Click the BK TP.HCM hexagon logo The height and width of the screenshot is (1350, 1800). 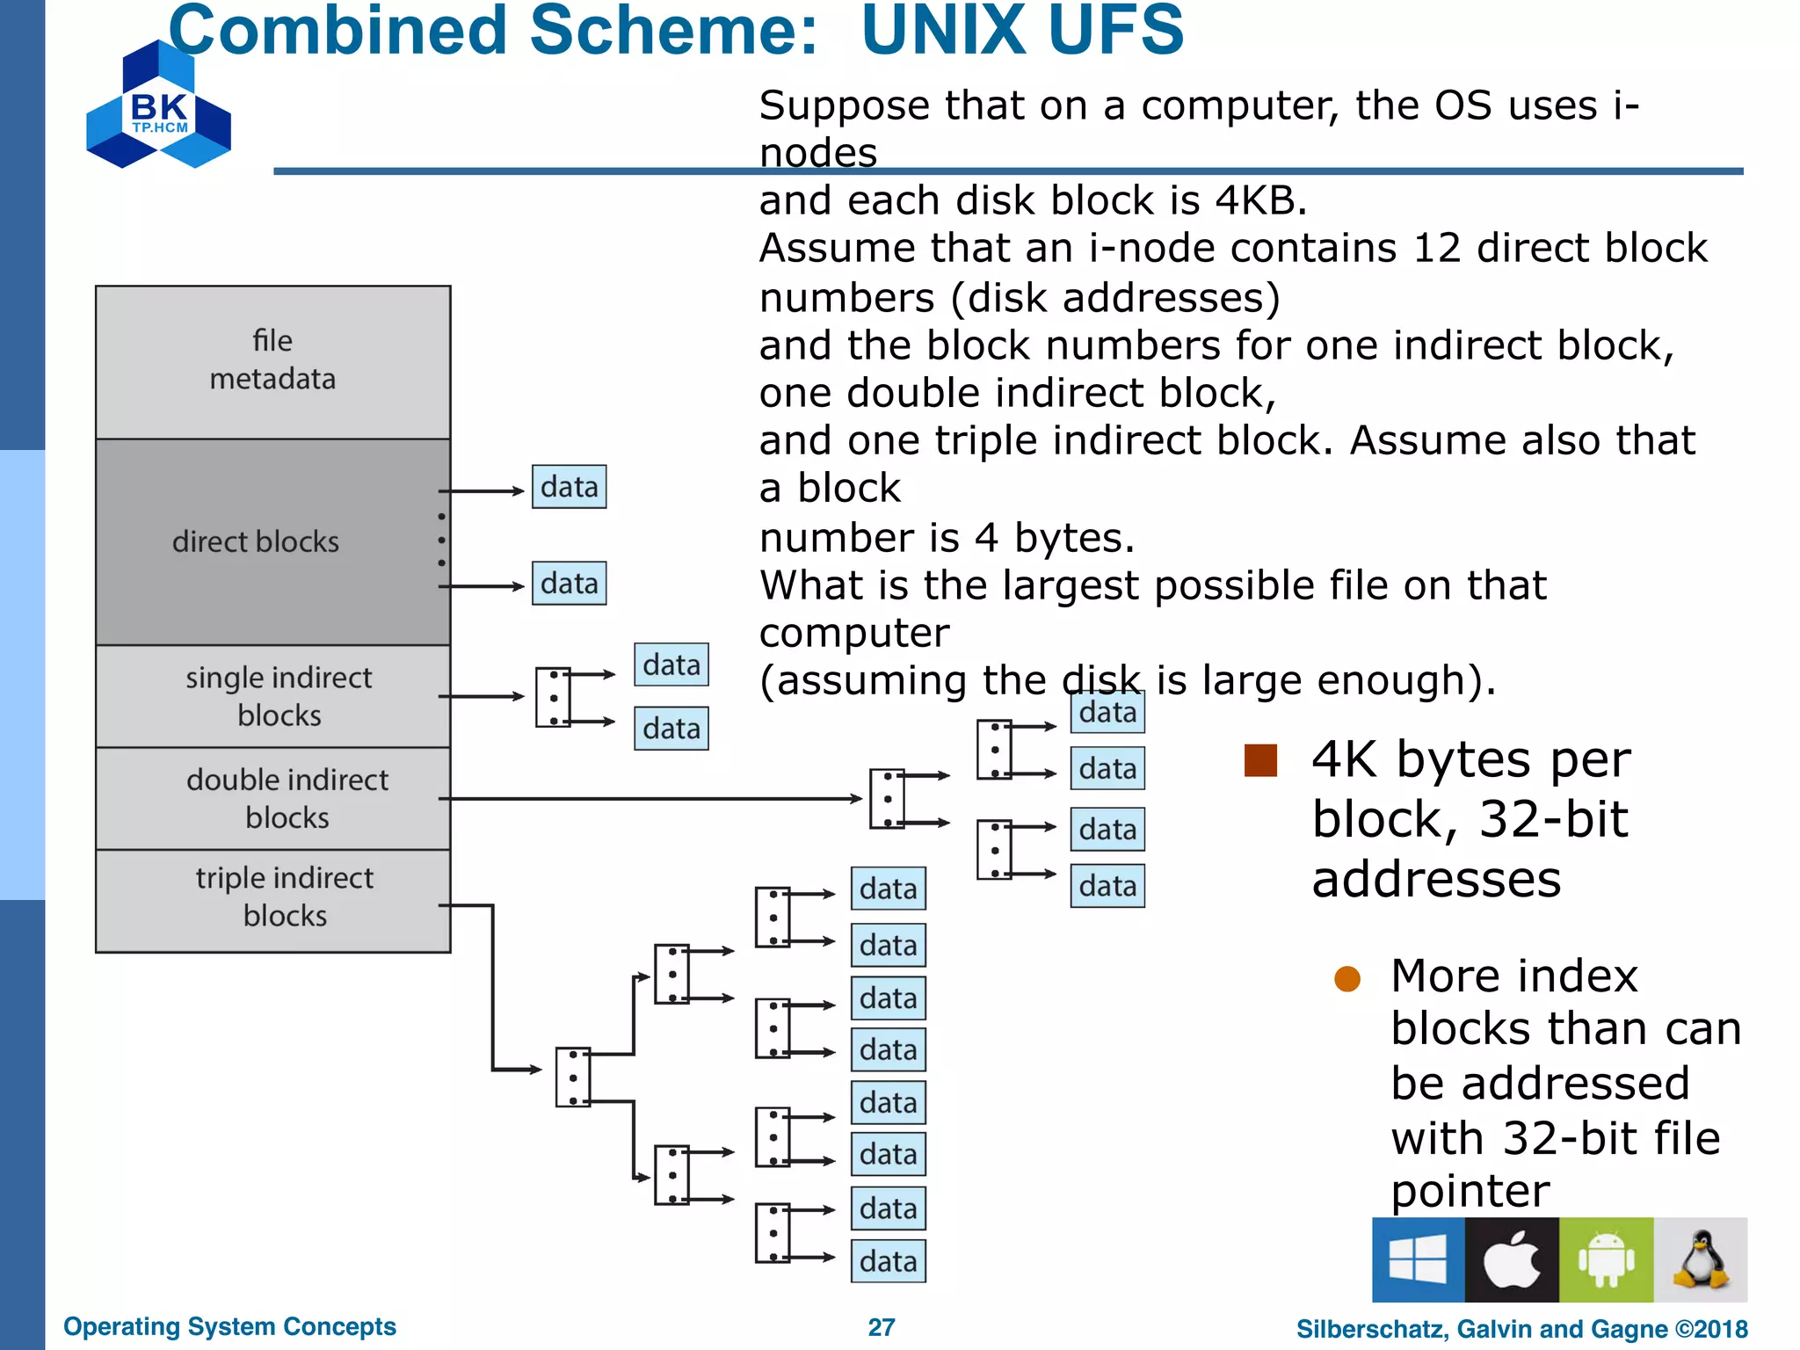pyautogui.click(x=159, y=106)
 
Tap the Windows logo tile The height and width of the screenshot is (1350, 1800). pyautogui.click(x=1418, y=1259)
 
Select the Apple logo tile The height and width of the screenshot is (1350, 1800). pyautogui.click(x=1512, y=1259)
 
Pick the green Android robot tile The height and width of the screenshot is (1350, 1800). pyautogui.click(x=1606, y=1259)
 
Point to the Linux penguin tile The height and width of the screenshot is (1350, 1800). pyautogui.click(x=1700, y=1259)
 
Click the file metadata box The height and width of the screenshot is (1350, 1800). pyautogui.click(x=272, y=361)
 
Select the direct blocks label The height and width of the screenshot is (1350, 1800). pyautogui.click(x=256, y=541)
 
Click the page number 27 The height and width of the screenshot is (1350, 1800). pyautogui.click(x=882, y=1327)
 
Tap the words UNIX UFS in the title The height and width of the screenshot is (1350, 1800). pyautogui.click(x=1022, y=32)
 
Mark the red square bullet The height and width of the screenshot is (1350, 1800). pyautogui.click(x=1260, y=760)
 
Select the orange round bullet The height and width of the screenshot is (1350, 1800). pyautogui.click(x=1346, y=979)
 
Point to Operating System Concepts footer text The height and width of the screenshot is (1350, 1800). pyautogui.click(x=229, y=1326)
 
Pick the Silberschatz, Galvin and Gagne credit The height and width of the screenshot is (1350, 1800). pyautogui.click(x=1521, y=1329)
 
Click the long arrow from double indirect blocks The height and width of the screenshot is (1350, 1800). pyautogui.click(x=650, y=798)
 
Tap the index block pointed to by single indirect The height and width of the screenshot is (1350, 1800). pyautogui.click(x=553, y=697)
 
